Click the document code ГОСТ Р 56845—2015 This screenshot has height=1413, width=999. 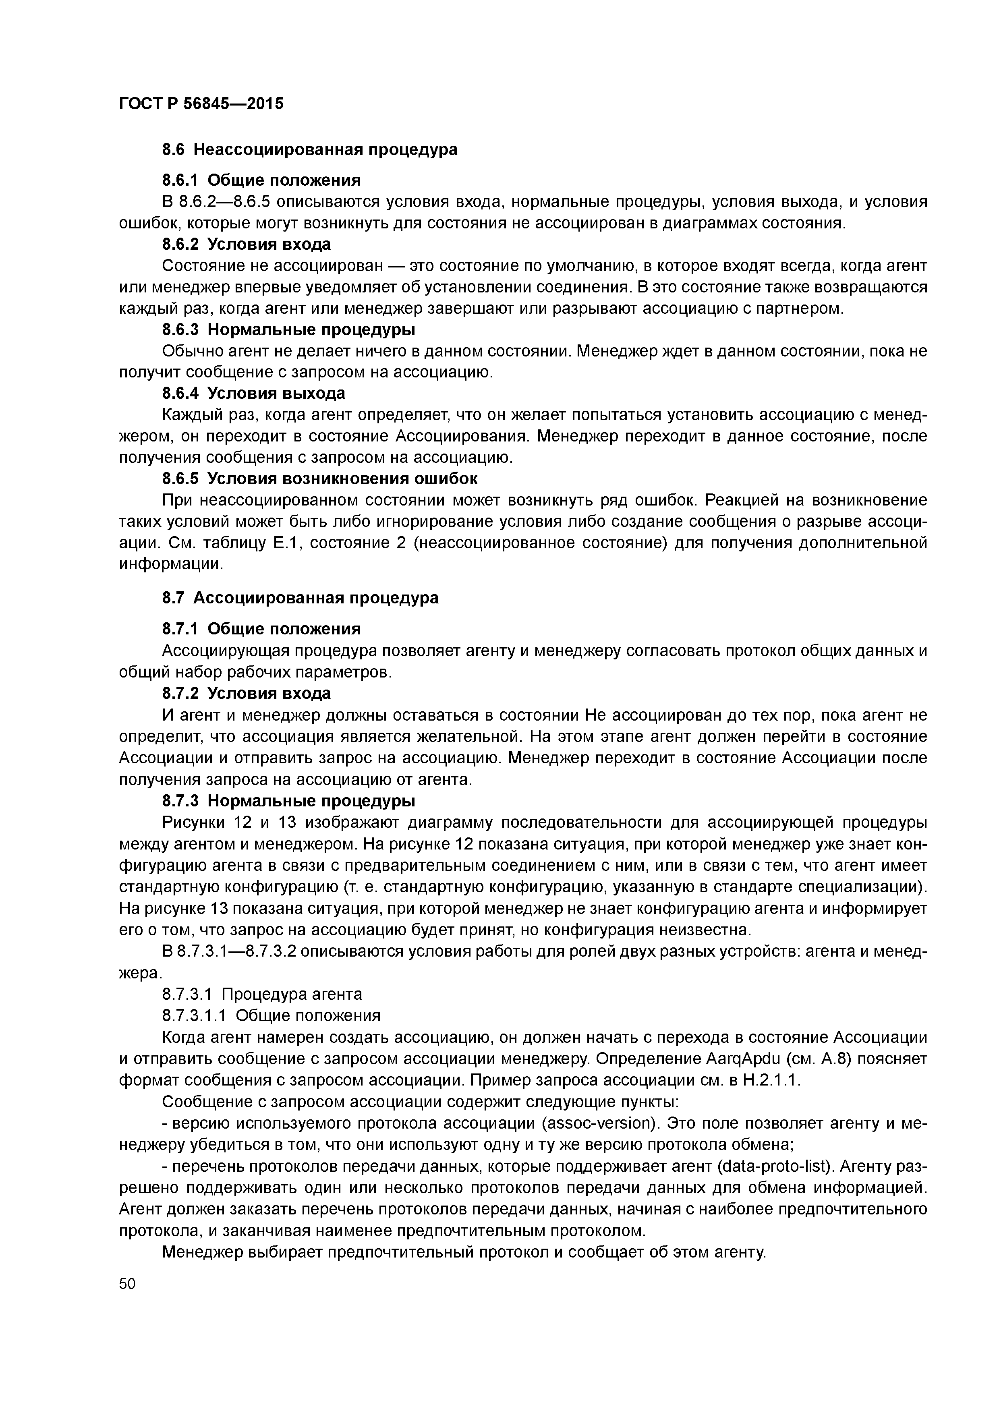click(x=201, y=104)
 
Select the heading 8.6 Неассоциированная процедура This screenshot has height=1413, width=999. click(x=310, y=149)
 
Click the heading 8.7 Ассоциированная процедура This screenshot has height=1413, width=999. click(x=301, y=598)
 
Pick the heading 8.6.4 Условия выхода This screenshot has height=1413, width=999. click(x=254, y=393)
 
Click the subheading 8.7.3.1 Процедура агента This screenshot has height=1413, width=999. click(x=261, y=994)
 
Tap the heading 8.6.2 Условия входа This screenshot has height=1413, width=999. click(x=246, y=244)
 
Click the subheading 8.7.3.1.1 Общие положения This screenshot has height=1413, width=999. click(x=271, y=1015)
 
